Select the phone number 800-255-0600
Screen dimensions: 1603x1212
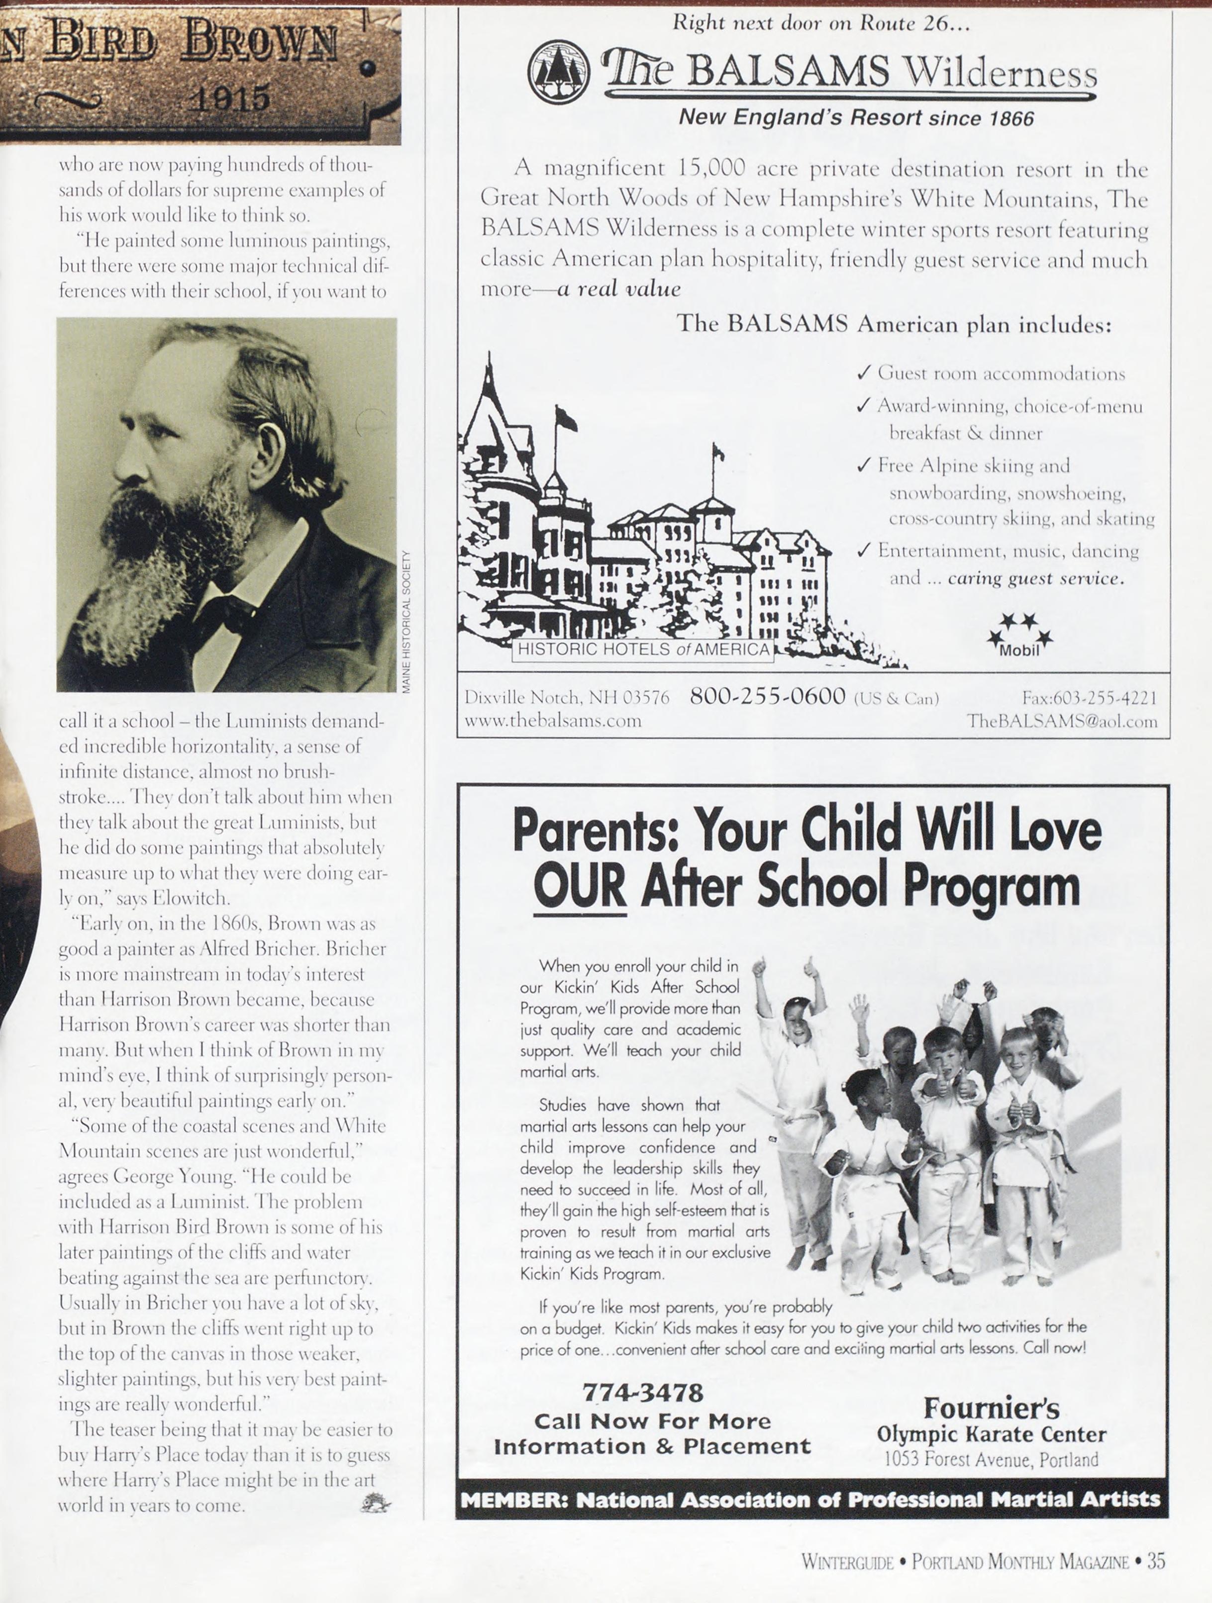[767, 696]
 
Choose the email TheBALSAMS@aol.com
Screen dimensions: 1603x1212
[1061, 721]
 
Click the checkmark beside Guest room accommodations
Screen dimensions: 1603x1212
[863, 373]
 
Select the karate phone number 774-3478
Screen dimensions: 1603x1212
[642, 1393]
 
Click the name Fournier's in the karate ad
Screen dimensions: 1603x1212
[991, 1408]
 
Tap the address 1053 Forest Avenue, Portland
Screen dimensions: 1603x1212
[991, 1459]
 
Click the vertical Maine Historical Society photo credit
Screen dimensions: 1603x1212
[406, 621]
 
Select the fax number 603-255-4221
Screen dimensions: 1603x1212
[1090, 697]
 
